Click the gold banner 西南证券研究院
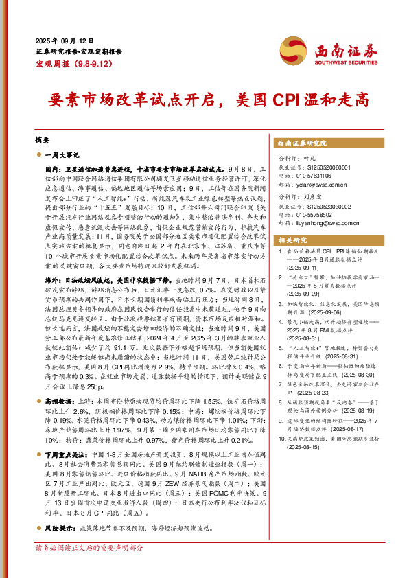pyautogui.click(x=302, y=143)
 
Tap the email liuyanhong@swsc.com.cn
pyautogui.click(x=334, y=222)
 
